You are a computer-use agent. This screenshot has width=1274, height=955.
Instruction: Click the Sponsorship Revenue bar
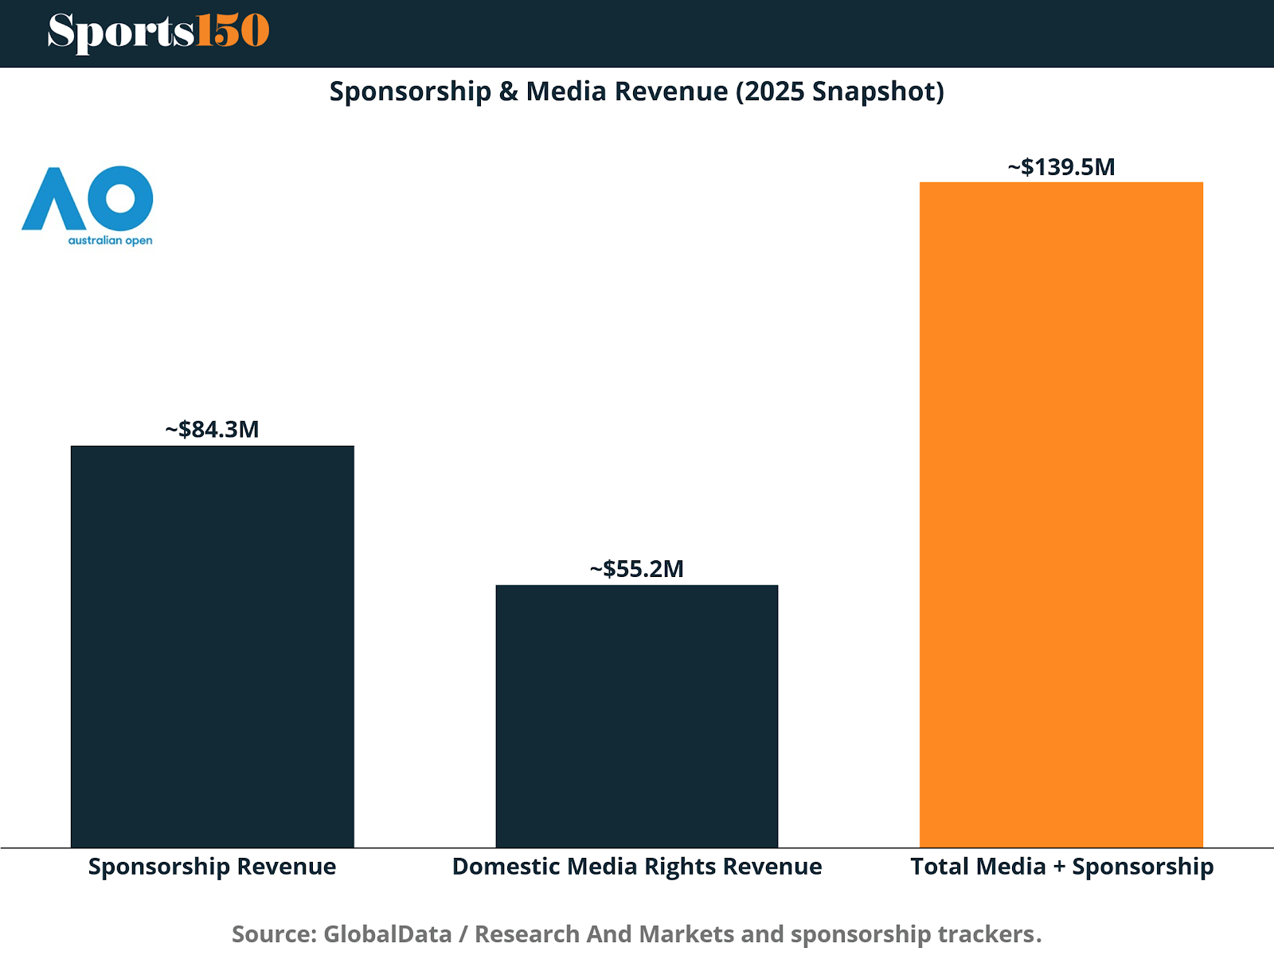(213, 646)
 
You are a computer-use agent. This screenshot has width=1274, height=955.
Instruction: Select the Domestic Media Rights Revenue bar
(637, 716)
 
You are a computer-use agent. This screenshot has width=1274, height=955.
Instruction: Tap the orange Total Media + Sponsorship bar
(1061, 515)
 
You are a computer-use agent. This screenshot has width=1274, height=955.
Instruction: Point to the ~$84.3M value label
(213, 430)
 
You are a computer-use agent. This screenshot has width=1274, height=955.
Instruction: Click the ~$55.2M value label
(637, 569)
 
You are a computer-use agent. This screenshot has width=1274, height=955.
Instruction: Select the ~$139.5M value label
(1061, 167)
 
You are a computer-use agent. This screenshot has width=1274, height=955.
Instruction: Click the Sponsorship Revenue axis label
(213, 866)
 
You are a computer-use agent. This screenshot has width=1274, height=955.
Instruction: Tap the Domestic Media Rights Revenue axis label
(637, 866)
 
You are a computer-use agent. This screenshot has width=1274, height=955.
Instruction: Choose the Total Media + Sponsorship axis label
(1062, 866)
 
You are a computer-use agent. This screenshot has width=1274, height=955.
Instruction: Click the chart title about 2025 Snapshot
(637, 92)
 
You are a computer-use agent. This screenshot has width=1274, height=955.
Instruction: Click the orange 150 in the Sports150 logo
(233, 32)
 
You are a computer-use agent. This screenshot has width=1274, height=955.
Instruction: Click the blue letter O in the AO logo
(120, 197)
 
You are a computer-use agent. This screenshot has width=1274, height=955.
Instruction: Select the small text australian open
(110, 240)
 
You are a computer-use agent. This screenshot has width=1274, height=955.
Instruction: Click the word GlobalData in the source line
(388, 933)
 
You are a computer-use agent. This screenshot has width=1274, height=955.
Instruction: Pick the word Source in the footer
(275, 933)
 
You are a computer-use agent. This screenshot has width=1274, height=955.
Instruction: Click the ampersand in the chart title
(509, 92)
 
